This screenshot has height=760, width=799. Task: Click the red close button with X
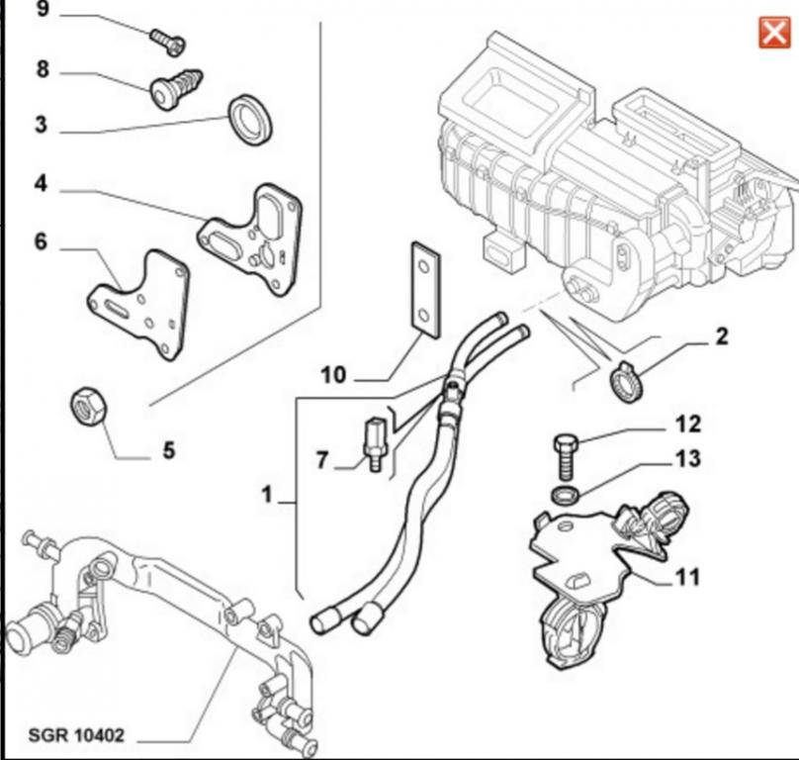[771, 33]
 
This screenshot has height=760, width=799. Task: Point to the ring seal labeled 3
[250, 119]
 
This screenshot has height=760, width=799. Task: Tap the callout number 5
[168, 451]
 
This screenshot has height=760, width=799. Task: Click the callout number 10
[333, 375]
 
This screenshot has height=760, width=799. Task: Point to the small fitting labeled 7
[373, 442]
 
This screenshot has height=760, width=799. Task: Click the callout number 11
[688, 576]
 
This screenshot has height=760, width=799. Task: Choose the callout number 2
[721, 336]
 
